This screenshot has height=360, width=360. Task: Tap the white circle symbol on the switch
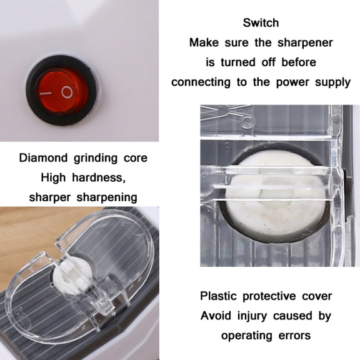coord(67,92)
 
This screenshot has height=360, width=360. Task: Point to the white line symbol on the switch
coord(46,94)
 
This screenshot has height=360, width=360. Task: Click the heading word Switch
coord(261,22)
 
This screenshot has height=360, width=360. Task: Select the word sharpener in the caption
coord(305,42)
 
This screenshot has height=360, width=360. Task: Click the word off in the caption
coord(268,62)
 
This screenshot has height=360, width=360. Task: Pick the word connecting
coord(201,82)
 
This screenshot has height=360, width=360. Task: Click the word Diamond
coord(43,158)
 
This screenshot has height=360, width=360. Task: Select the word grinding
coord(96,158)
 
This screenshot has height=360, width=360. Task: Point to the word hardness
coord(99,177)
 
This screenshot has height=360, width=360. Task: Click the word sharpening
coord(107,197)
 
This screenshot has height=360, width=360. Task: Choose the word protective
coord(269,296)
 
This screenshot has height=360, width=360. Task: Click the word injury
coord(252,316)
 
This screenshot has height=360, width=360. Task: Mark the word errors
coord(294,336)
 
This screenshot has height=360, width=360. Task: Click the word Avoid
coord(216,316)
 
